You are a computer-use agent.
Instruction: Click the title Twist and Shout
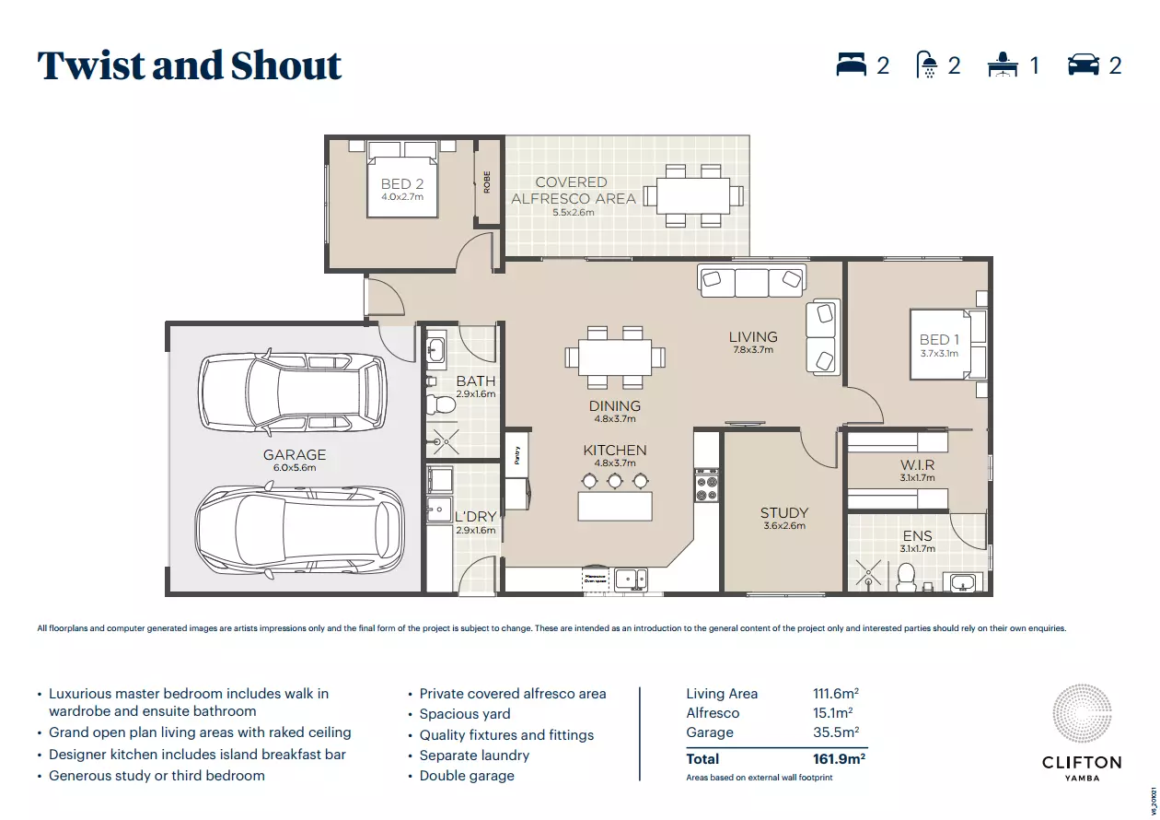[x=190, y=65]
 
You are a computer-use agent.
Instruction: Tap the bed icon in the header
[x=851, y=64]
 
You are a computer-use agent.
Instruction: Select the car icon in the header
[x=1084, y=64]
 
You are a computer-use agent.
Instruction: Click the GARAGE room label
[x=295, y=454]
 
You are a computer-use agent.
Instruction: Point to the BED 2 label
[x=402, y=184]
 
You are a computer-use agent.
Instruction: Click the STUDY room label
[x=783, y=513]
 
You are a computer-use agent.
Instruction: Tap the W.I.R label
[x=917, y=465]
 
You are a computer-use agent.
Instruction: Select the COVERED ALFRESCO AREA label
[x=572, y=190]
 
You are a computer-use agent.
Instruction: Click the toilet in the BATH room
[x=443, y=403]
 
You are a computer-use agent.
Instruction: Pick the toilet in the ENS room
[x=905, y=575]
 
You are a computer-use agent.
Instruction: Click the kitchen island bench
[x=614, y=506]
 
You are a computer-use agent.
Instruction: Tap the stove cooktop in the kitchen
[x=706, y=486]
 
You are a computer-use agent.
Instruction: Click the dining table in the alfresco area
[x=693, y=195]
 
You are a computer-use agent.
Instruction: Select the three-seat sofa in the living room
[x=752, y=279]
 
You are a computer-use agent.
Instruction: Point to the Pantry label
[x=517, y=454]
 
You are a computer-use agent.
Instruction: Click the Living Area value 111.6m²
[x=829, y=694]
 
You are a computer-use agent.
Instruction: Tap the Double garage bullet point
[x=467, y=776]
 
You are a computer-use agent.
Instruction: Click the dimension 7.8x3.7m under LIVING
[x=753, y=350]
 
